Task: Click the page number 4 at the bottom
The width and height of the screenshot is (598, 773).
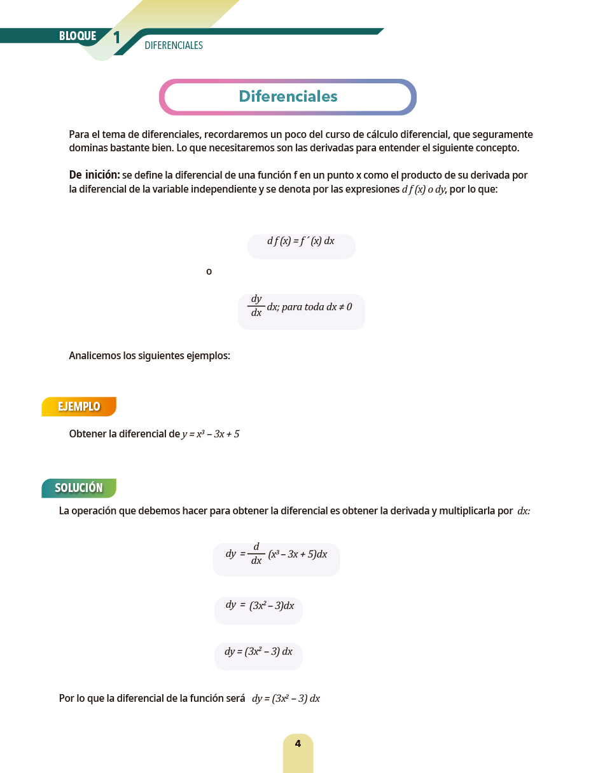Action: coord(298,744)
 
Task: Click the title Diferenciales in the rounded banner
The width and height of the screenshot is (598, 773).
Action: coord(288,97)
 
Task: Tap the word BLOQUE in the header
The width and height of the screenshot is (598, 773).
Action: coord(78,36)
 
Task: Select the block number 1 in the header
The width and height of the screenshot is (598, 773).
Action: coord(116,38)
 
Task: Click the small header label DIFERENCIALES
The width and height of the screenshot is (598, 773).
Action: coord(174,46)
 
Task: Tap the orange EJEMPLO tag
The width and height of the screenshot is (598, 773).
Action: coord(79,407)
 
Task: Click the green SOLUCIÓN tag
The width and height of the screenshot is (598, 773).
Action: coord(79,488)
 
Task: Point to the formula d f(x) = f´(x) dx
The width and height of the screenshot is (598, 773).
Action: coord(301,242)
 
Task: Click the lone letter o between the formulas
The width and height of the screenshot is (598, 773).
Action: coord(209,272)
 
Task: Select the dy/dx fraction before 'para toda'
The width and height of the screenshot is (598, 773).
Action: coord(256,306)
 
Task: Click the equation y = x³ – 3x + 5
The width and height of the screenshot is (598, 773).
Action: coord(211,434)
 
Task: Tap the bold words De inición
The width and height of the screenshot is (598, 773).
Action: coord(94,175)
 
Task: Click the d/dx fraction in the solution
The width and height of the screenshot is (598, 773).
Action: coord(256,554)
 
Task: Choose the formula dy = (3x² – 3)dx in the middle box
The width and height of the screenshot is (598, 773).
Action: coord(260,605)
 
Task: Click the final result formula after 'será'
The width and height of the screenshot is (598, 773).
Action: coord(286,699)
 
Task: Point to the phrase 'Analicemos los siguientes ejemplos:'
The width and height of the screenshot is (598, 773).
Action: coord(149,356)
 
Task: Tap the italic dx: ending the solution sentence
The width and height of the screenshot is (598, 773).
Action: coord(524,511)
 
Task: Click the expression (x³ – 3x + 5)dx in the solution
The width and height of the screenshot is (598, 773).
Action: coord(298,554)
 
